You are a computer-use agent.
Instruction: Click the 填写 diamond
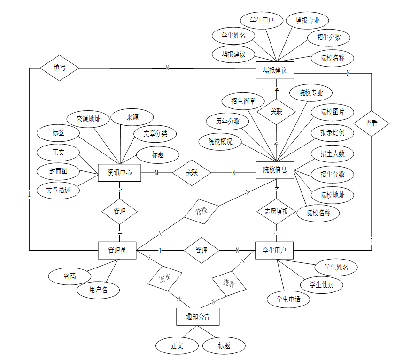tap(59, 68)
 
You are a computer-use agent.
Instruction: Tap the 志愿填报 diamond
tap(276, 211)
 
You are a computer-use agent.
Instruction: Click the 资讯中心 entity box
tap(120, 173)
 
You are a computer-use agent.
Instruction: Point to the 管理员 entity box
tap(117, 250)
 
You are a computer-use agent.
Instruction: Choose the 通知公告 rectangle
tap(198, 317)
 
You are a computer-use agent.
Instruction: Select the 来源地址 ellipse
tap(88, 119)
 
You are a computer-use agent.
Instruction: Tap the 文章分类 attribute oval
tap(155, 134)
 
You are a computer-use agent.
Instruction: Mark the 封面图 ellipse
tap(58, 171)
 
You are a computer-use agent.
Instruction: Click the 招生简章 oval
tap(243, 100)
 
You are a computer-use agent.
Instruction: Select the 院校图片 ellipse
tap(332, 112)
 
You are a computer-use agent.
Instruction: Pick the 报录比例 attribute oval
tap(332, 133)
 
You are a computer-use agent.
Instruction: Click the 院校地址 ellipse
tap(332, 195)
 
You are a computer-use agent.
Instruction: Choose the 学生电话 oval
tap(288, 299)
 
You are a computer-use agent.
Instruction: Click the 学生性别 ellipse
tap(322, 284)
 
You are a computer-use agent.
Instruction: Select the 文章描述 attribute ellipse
tap(58, 191)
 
